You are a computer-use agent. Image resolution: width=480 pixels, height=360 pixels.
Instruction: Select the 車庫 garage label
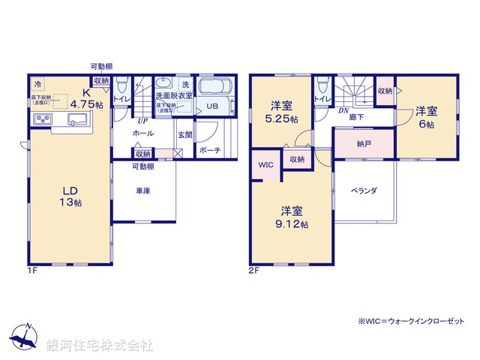point(142,191)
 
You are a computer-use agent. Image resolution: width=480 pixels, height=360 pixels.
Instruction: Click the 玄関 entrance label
point(184,135)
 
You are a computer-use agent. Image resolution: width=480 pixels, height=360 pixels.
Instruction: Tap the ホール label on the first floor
point(142,133)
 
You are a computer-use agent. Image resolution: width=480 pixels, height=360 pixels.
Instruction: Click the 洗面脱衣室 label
point(174,96)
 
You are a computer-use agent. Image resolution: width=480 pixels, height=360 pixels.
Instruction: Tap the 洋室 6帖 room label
point(424,118)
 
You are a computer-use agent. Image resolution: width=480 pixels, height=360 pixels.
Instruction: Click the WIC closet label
point(265,165)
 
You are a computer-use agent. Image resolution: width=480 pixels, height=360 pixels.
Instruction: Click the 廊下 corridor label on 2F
point(356,117)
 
